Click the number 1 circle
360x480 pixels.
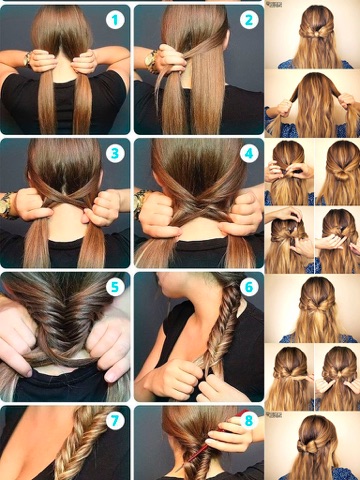115,20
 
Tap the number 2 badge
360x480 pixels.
249,20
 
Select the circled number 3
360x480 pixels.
115,154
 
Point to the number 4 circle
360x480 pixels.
249,154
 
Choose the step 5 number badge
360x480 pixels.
115,287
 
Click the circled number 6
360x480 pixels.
249,287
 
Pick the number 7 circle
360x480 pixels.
115,421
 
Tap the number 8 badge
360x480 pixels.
249,421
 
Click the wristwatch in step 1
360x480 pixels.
27,59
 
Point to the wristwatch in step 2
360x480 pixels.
152,61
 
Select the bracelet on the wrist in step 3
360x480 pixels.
7,205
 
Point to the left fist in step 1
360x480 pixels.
42,61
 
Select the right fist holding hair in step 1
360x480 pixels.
84,61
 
